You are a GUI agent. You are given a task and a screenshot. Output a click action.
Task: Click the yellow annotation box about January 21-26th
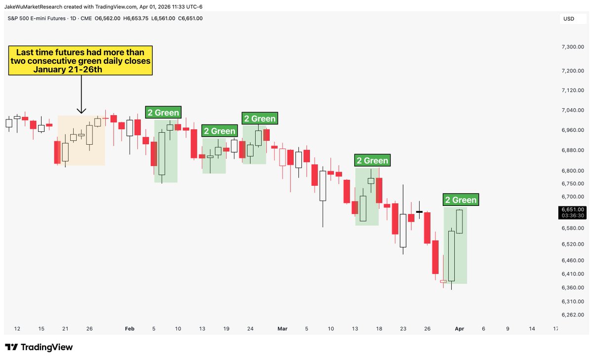tap(80, 61)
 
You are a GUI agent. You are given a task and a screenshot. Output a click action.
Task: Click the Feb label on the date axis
tap(129, 328)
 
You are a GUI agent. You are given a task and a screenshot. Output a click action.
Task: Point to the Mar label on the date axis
tap(282, 328)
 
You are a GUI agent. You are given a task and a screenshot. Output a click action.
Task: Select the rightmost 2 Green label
tap(461, 200)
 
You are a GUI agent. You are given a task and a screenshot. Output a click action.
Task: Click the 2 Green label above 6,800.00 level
tap(372, 160)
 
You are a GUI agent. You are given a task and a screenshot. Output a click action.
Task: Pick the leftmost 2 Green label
tap(163, 113)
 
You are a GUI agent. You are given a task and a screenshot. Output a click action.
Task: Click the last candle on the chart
tap(460, 221)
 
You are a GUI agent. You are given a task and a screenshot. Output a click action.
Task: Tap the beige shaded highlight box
tap(82, 140)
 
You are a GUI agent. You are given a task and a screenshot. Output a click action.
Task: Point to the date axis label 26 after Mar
tap(427, 328)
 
